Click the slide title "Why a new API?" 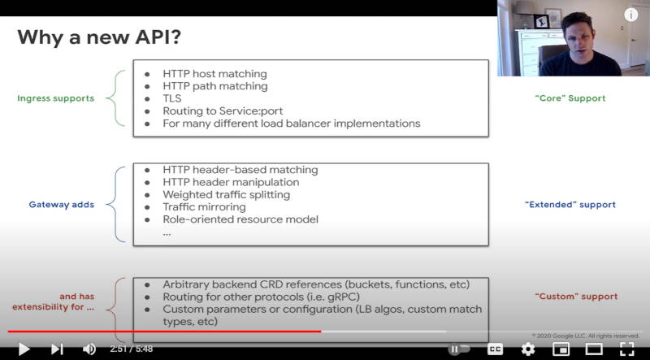click(x=99, y=37)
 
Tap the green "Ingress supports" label click(x=55, y=98)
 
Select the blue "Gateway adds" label click(x=62, y=205)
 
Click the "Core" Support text click(x=570, y=98)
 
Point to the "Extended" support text click(x=570, y=205)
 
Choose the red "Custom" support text click(x=576, y=297)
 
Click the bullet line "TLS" click(x=172, y=98)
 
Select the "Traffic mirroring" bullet click(x=204, y=207)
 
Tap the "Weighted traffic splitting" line click(x=227, y=194)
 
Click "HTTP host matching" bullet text click(x=214, y=74)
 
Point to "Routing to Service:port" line click(x=223, y=111)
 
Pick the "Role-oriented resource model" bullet click(x=240, y=219)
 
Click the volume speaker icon click(x=89, y=349)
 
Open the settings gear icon click(x=527, y=349)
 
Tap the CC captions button click(x=495, y=349)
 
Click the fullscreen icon click(x=627, y=349)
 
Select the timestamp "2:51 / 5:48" click(x=132, y=349)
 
